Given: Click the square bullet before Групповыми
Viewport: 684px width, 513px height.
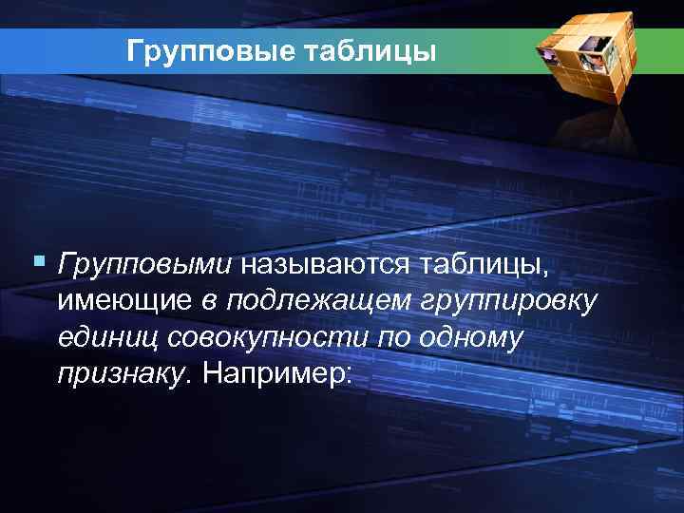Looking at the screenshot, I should [x=38, y=258].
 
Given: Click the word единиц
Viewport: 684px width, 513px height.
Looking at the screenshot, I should [x=106, y=338].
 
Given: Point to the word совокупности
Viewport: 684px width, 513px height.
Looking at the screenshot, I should [x=270, y=338].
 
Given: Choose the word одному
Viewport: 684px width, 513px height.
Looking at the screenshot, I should [x=469, y=338].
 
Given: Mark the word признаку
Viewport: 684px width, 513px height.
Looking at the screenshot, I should [x=123, y=376].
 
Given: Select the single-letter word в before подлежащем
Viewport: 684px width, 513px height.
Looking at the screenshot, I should [x=208, y=302].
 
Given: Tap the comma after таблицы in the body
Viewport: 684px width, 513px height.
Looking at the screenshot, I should [x=545, y=272].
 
